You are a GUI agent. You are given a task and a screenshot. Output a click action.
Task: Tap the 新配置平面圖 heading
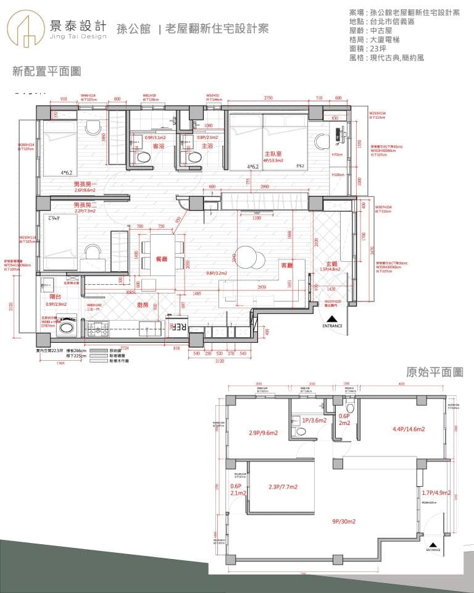click(47, 72)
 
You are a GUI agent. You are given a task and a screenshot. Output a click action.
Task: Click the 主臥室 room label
click(273, 153)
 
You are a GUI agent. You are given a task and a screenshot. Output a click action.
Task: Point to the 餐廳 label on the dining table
click(162, 260)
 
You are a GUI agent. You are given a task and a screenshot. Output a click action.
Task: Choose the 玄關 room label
click(334, 264)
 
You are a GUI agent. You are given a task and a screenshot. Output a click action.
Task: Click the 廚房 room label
click(143, 305)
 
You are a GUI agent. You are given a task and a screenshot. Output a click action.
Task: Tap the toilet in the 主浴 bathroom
click(193, 158)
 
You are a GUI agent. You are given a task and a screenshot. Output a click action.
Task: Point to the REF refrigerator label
click(179, 327)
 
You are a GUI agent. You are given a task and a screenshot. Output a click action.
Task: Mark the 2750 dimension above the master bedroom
click(268, 98)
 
